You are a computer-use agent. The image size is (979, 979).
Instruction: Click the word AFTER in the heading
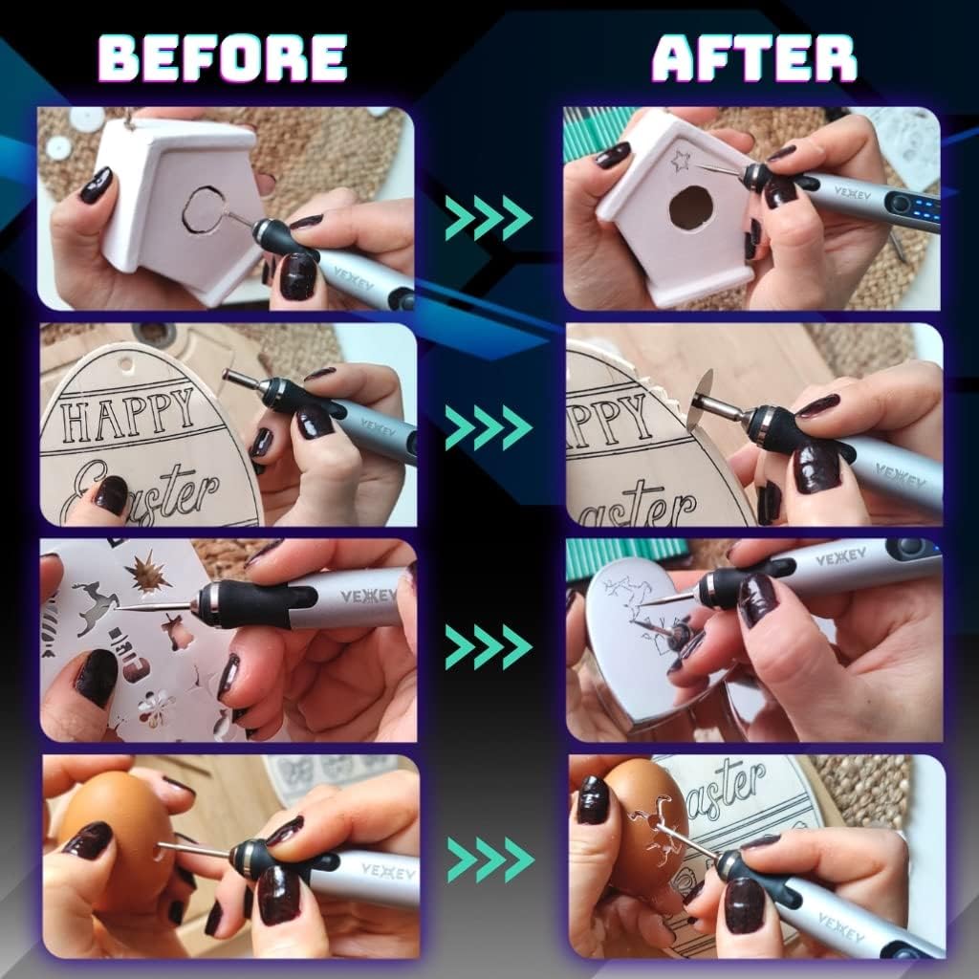click(754, 59)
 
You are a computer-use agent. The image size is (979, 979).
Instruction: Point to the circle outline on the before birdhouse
click(203, 209)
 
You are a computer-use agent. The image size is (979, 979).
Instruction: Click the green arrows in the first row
click(488, 218)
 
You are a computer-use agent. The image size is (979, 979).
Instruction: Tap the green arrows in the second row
click(488, 426)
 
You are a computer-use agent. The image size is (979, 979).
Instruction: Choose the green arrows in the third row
click(488, 648)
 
